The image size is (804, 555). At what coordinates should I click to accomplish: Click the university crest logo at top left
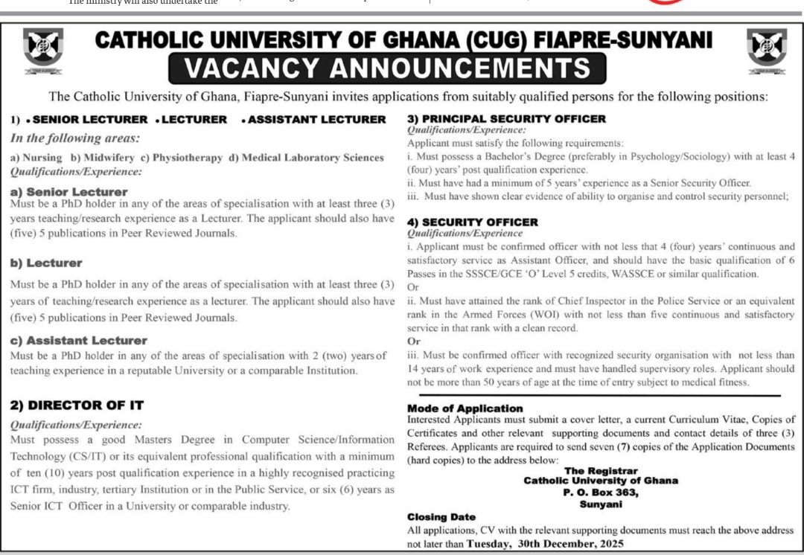point(43,50)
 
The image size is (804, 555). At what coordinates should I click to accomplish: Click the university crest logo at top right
point(766,50)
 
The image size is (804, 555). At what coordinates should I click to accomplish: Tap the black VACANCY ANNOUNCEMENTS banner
point(387,68)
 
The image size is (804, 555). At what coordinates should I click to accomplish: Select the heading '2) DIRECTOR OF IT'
point(77,405)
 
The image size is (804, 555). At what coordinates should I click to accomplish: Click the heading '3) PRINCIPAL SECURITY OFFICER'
point(506,118)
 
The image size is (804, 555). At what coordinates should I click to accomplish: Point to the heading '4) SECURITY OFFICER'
point(482,222)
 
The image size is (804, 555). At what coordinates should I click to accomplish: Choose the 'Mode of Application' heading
point(465,408)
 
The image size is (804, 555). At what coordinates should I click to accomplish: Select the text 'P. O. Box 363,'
point(601,492)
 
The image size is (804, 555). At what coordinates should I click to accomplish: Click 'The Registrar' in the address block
point(601,471)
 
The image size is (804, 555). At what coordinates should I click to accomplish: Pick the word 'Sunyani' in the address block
point(601,503)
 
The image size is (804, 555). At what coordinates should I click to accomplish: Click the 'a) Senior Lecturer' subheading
point(59,192)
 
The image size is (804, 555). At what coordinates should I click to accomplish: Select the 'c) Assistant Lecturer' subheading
point(79,340)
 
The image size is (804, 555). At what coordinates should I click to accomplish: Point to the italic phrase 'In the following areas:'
point(75,138)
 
